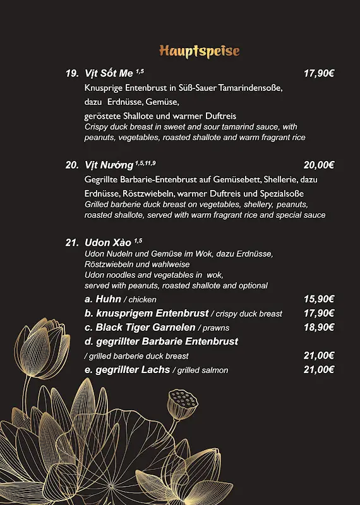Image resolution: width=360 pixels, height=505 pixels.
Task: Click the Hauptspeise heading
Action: (199, 50)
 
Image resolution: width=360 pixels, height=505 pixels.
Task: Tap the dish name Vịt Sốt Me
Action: (108, 73)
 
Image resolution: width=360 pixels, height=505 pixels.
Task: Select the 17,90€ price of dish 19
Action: (318, 73)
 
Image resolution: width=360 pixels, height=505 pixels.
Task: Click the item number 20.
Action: (72, 165)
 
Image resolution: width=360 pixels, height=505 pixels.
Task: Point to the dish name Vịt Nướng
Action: (109, 165)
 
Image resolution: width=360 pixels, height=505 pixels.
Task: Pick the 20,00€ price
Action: (318, 165)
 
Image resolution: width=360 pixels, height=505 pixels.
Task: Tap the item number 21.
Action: (72, 242)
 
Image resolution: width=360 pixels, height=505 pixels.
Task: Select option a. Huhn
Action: (103, 299)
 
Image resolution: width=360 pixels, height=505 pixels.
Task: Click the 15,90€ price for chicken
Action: (318, 299)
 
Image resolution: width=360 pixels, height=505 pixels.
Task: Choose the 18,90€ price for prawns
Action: (318, 327)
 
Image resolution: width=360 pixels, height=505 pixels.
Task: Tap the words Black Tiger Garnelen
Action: (145, 327)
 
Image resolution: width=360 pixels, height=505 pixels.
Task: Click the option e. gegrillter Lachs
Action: (128, 370)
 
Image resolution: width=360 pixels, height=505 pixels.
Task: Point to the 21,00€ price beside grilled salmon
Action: (318, 370)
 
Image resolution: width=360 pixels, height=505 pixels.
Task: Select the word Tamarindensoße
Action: (250, 88)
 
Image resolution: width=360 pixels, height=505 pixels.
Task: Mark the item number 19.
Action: (72, 73)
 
